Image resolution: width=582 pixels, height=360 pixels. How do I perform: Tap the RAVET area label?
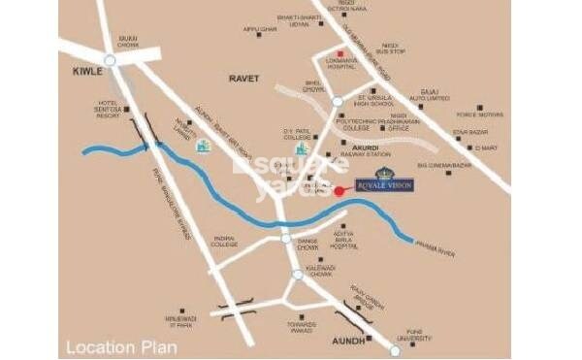tap(245, 77)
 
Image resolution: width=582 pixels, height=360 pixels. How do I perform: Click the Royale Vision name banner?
tap(386, 189)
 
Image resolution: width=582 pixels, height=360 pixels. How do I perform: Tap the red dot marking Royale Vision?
tap(339, 191)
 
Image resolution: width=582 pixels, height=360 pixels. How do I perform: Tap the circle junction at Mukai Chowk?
tap(111, 60)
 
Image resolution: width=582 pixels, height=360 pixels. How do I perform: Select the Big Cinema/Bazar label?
tap(443, 165)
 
